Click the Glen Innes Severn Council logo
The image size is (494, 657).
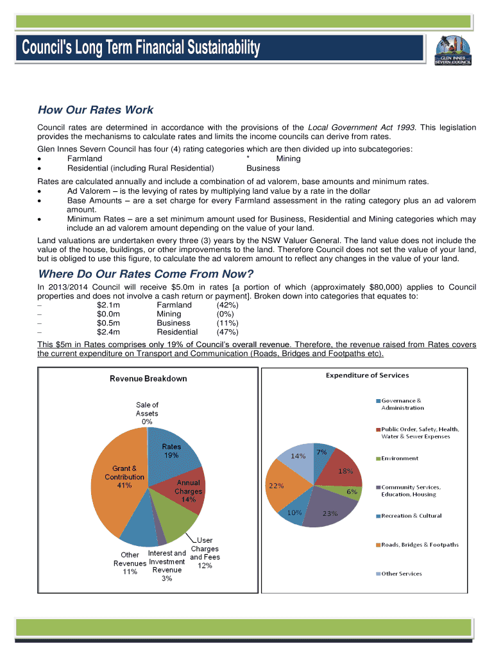pos(453,49)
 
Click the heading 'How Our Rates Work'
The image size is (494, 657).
pos(95,110)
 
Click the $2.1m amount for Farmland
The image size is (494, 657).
pos(108,305)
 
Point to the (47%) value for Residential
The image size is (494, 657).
pos(227,332)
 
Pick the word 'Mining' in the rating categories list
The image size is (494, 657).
pos(288,158)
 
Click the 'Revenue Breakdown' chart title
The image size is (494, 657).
pos(148,379)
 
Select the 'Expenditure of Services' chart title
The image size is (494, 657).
pos(367,375)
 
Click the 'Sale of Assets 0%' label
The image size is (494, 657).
pos(147,413)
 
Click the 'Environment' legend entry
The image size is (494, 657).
pos(400,458)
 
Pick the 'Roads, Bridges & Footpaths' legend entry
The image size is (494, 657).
pos(420,545)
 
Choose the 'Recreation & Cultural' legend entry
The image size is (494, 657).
pos(411,516)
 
